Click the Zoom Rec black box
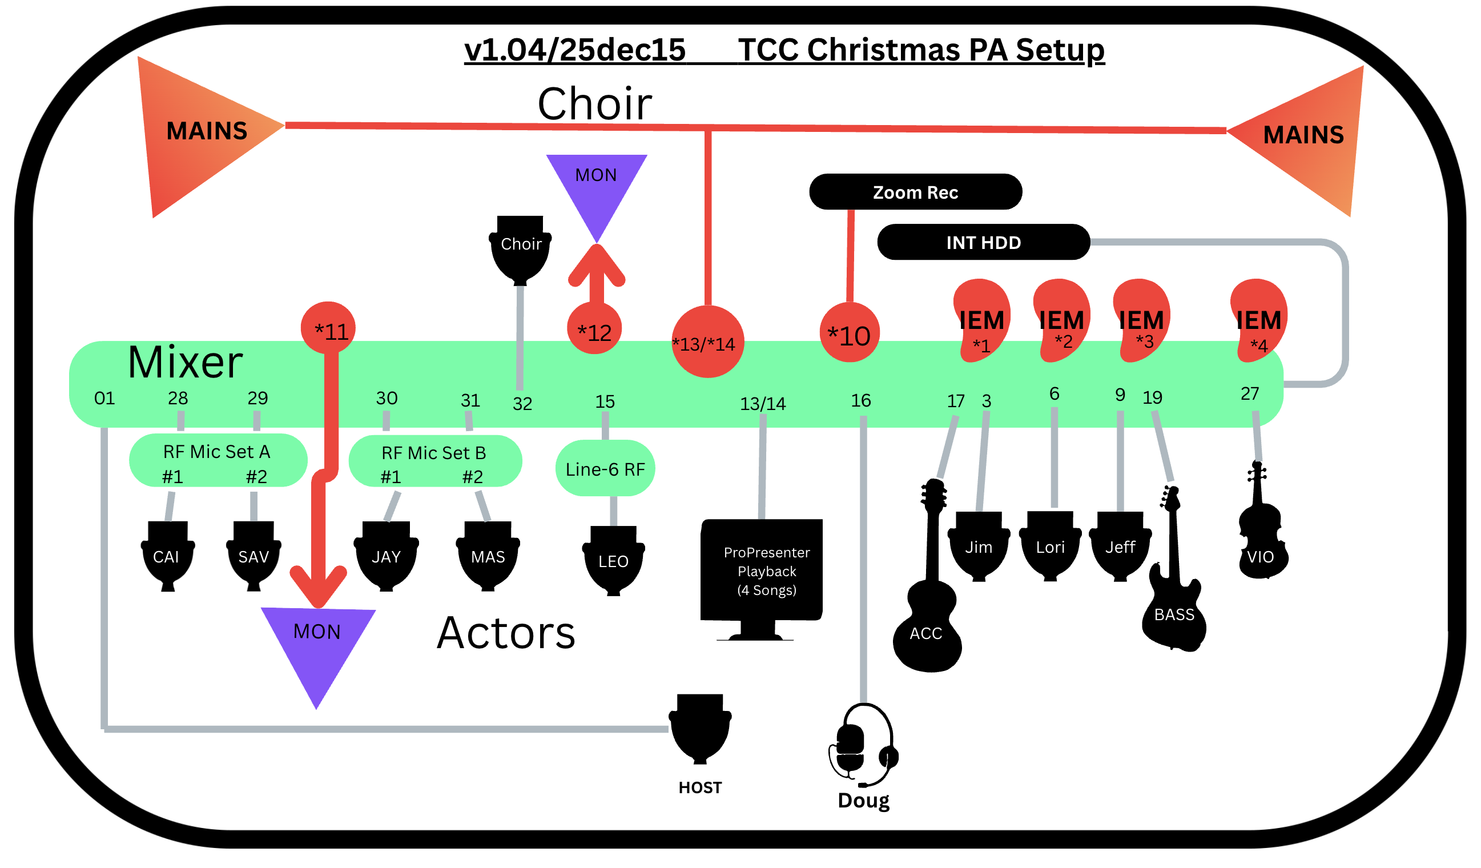[915, 192]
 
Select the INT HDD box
[983, 242]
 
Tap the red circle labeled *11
[328, 328]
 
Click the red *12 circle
[594, 329]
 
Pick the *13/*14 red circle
[707, 342]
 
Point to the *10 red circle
[849, 333]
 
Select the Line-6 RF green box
[605, 469]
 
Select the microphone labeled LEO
[613, 560]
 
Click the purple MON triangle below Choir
[596, 188]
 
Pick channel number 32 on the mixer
[522, 404]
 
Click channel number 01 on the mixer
[104, 399]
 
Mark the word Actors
[505, 633]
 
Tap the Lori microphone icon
[1049, 546]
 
